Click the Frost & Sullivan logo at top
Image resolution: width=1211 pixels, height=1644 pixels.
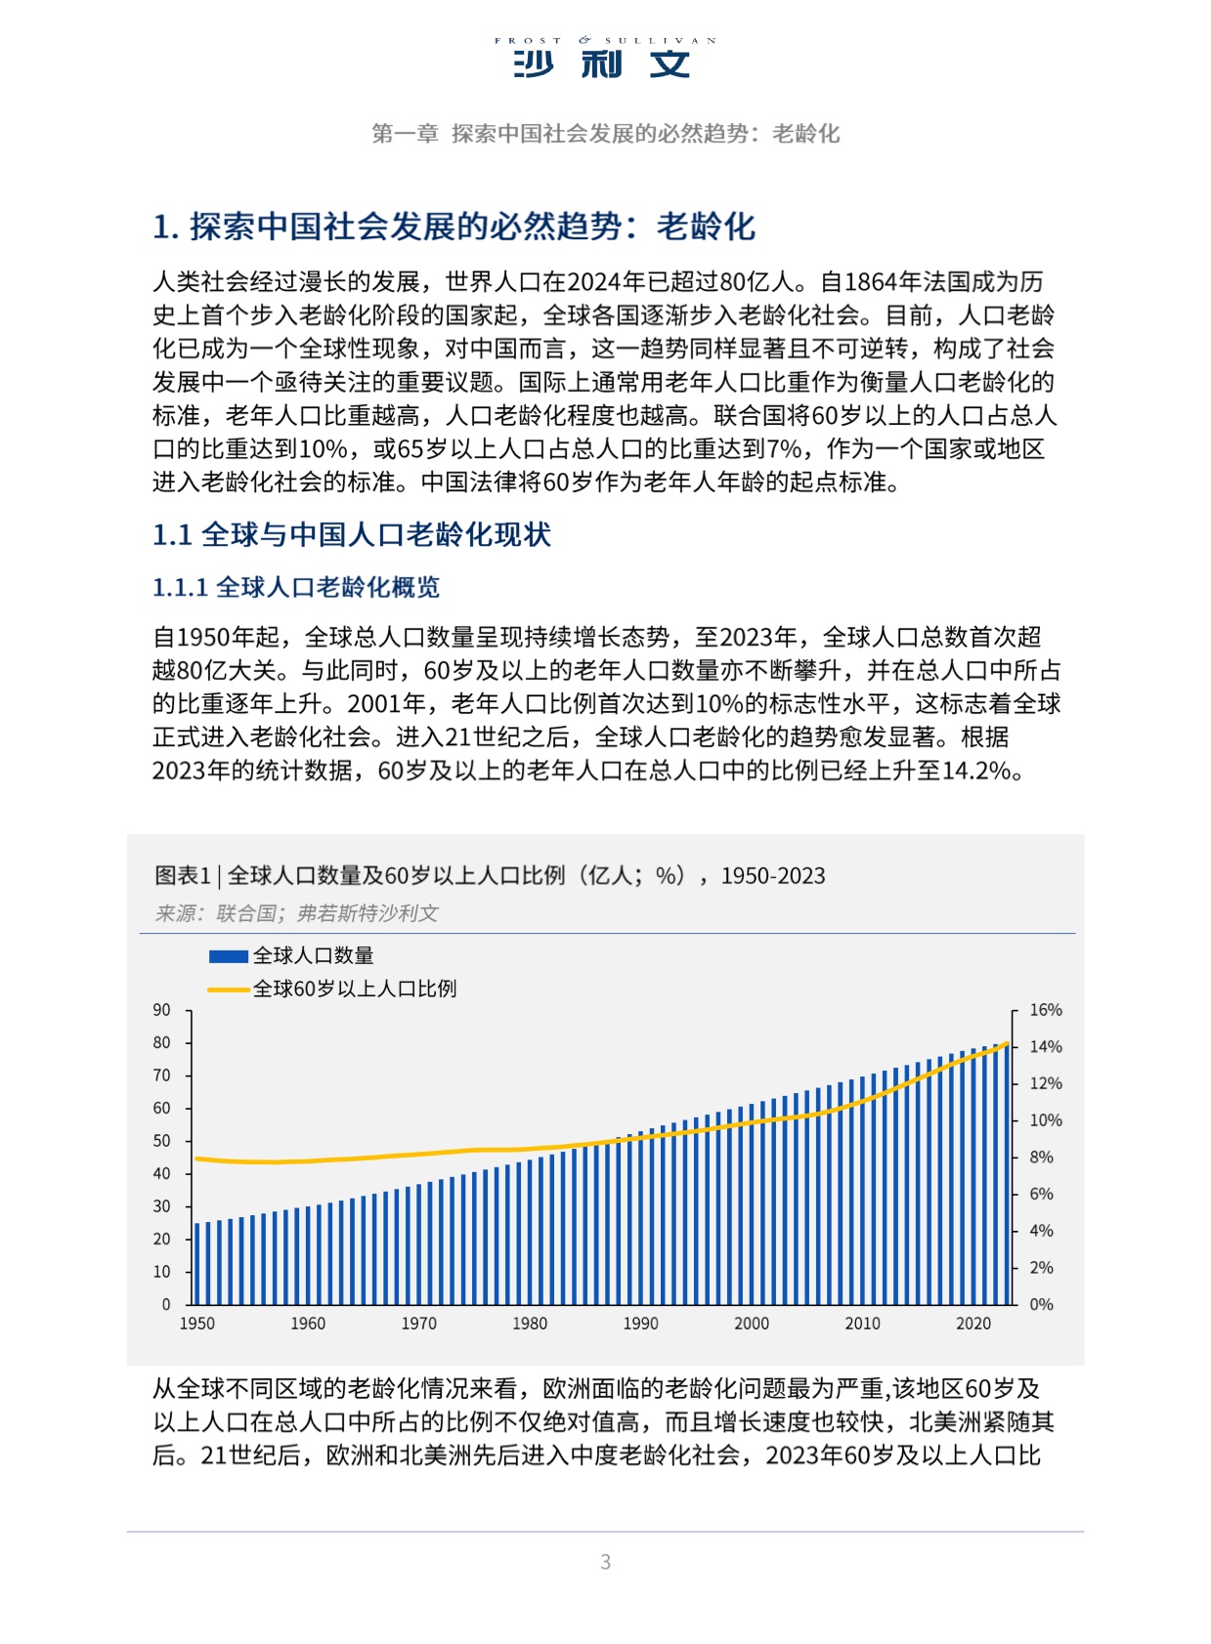pyautogui.click(x=604, y=58)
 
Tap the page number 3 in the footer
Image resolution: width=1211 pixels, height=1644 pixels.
pyautogui.click(x=605, y=1561)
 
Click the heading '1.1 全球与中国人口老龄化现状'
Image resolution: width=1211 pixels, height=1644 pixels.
pyautogui.click(x=351, y=534)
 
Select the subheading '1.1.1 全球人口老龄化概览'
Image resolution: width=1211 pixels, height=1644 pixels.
pyautogui.click(x=295, y=587)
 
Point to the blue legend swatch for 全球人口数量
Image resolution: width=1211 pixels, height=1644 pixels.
pyautogui.click(x=228, y=956)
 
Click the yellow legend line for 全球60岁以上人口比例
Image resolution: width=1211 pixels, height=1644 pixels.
pyautogui.click(x=228, y=990)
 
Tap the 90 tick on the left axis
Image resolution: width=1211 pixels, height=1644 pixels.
pyautogui.click(x=162, y=1010)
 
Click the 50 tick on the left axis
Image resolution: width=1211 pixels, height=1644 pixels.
pyautogui.click(x=162, y=1141)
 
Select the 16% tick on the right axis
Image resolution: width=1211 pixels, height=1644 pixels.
pyautogui.click(x=1045, y=1010)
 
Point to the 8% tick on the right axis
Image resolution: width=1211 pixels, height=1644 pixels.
pyautogui.click(x=1042, y=1158)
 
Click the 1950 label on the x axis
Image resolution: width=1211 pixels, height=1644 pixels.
pyautogui.click(x=196, y=1324)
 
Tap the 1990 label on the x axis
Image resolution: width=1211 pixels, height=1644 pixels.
pyautogui.click(x=640, y=1324)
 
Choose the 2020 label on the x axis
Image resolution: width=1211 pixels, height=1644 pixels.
pyautogui.click(x=973, y=1324)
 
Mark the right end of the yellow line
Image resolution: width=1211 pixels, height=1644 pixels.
pyautogui.click(x=1007, y=1044)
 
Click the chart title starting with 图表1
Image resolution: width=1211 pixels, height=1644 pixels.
pyautogui.click(x=489, y=875)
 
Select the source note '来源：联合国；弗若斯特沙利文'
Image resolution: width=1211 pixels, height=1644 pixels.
pyautogui.click(x=295, y=913)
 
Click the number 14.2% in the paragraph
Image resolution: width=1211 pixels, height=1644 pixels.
pyautogui.click(x=976, y=771)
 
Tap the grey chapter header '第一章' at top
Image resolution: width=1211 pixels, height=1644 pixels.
pyautogui.click(x=405, y=134)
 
